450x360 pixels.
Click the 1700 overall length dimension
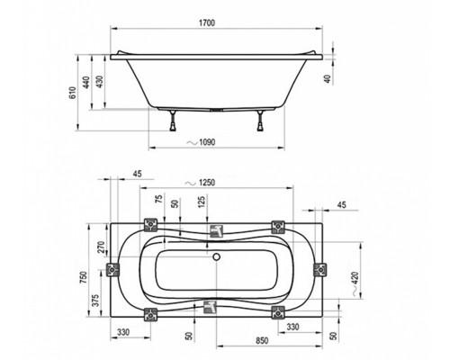(x=207, y=22)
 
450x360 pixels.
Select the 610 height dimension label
(x=73, y=93)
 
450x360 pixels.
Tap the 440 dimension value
(x=86, y=82)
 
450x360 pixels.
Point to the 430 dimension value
(x=99, y=82)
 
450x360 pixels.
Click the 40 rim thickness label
(x=328, y=79)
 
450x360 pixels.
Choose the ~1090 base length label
(x=201, y=142)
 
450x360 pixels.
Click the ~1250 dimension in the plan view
(x=200, y=183)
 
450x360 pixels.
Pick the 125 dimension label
(x=202, y=202)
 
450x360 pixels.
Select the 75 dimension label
(x=159, y=199)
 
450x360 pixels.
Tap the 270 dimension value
(x=101, y=247)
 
